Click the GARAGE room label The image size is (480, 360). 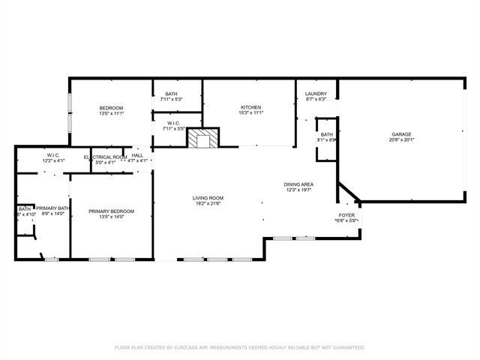click(401, 134)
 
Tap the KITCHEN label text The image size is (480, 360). click(250, 107)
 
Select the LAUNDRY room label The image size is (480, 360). click(315, 94)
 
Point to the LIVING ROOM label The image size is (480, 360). click(208, 198)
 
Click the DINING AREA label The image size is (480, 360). click(298, 184)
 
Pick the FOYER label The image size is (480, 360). click(346, 214)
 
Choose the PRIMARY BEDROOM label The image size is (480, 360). click(111, 211)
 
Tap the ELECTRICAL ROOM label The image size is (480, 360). click(105, 157)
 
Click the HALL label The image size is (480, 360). click(137, 157)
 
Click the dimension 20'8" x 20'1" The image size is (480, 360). click(401, 140)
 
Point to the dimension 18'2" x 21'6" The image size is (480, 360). click(208, 204)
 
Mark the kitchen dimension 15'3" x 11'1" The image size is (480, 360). click(250, 113)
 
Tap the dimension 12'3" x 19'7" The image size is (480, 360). click(298, 190)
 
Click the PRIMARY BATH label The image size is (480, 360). click(53, 208)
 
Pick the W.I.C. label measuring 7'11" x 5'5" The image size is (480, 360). click(173, 123)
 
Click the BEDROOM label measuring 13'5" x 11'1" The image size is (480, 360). click(111, 108)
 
